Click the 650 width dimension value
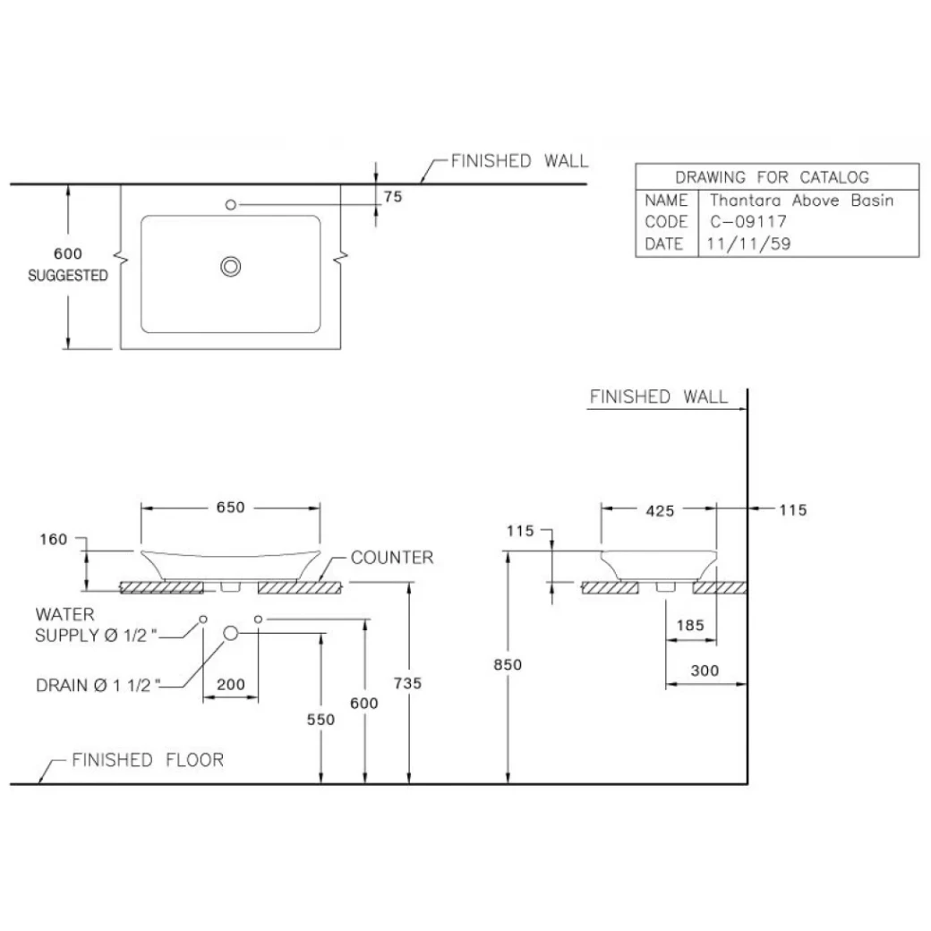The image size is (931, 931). [230, 508]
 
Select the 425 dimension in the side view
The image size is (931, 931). [659, 510]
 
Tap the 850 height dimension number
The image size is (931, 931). [508, 664]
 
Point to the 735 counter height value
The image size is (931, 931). [407, 683]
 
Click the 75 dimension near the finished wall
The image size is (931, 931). [392, 198]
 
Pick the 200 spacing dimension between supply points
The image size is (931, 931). [231, 685]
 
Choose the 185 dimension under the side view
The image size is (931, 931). [690, 625]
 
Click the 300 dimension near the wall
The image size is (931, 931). [705, 670]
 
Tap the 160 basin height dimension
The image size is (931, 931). [55, 540]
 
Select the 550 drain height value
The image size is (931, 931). [320, 719]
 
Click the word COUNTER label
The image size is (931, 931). [391, 558]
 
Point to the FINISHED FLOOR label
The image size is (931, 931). [148, 760]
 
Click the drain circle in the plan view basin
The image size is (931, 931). [231, 265]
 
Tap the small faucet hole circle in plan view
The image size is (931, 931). [231, 205]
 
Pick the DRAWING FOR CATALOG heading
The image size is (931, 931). [772, 177]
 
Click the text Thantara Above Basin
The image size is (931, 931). [801, 201]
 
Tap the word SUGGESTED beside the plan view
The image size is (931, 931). [67, 276]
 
